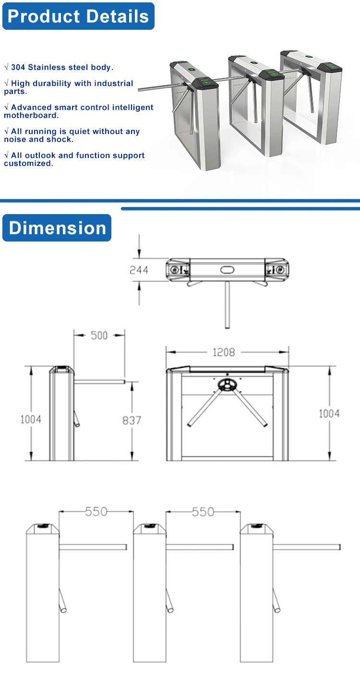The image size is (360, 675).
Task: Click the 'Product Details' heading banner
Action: [x=78, y=16]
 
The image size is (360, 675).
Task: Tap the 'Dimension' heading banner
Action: [x=57, y=228]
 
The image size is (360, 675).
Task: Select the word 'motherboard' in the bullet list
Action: [x=30, y=115]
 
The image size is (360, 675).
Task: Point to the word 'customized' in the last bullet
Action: [x=27, y=163]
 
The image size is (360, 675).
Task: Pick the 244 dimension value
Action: [x=139, y=270]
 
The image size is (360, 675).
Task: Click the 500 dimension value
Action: [x=99, y=336]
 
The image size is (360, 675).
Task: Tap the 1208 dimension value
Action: [x=224, y=352]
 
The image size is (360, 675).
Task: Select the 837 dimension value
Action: [x=132, y=421]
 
